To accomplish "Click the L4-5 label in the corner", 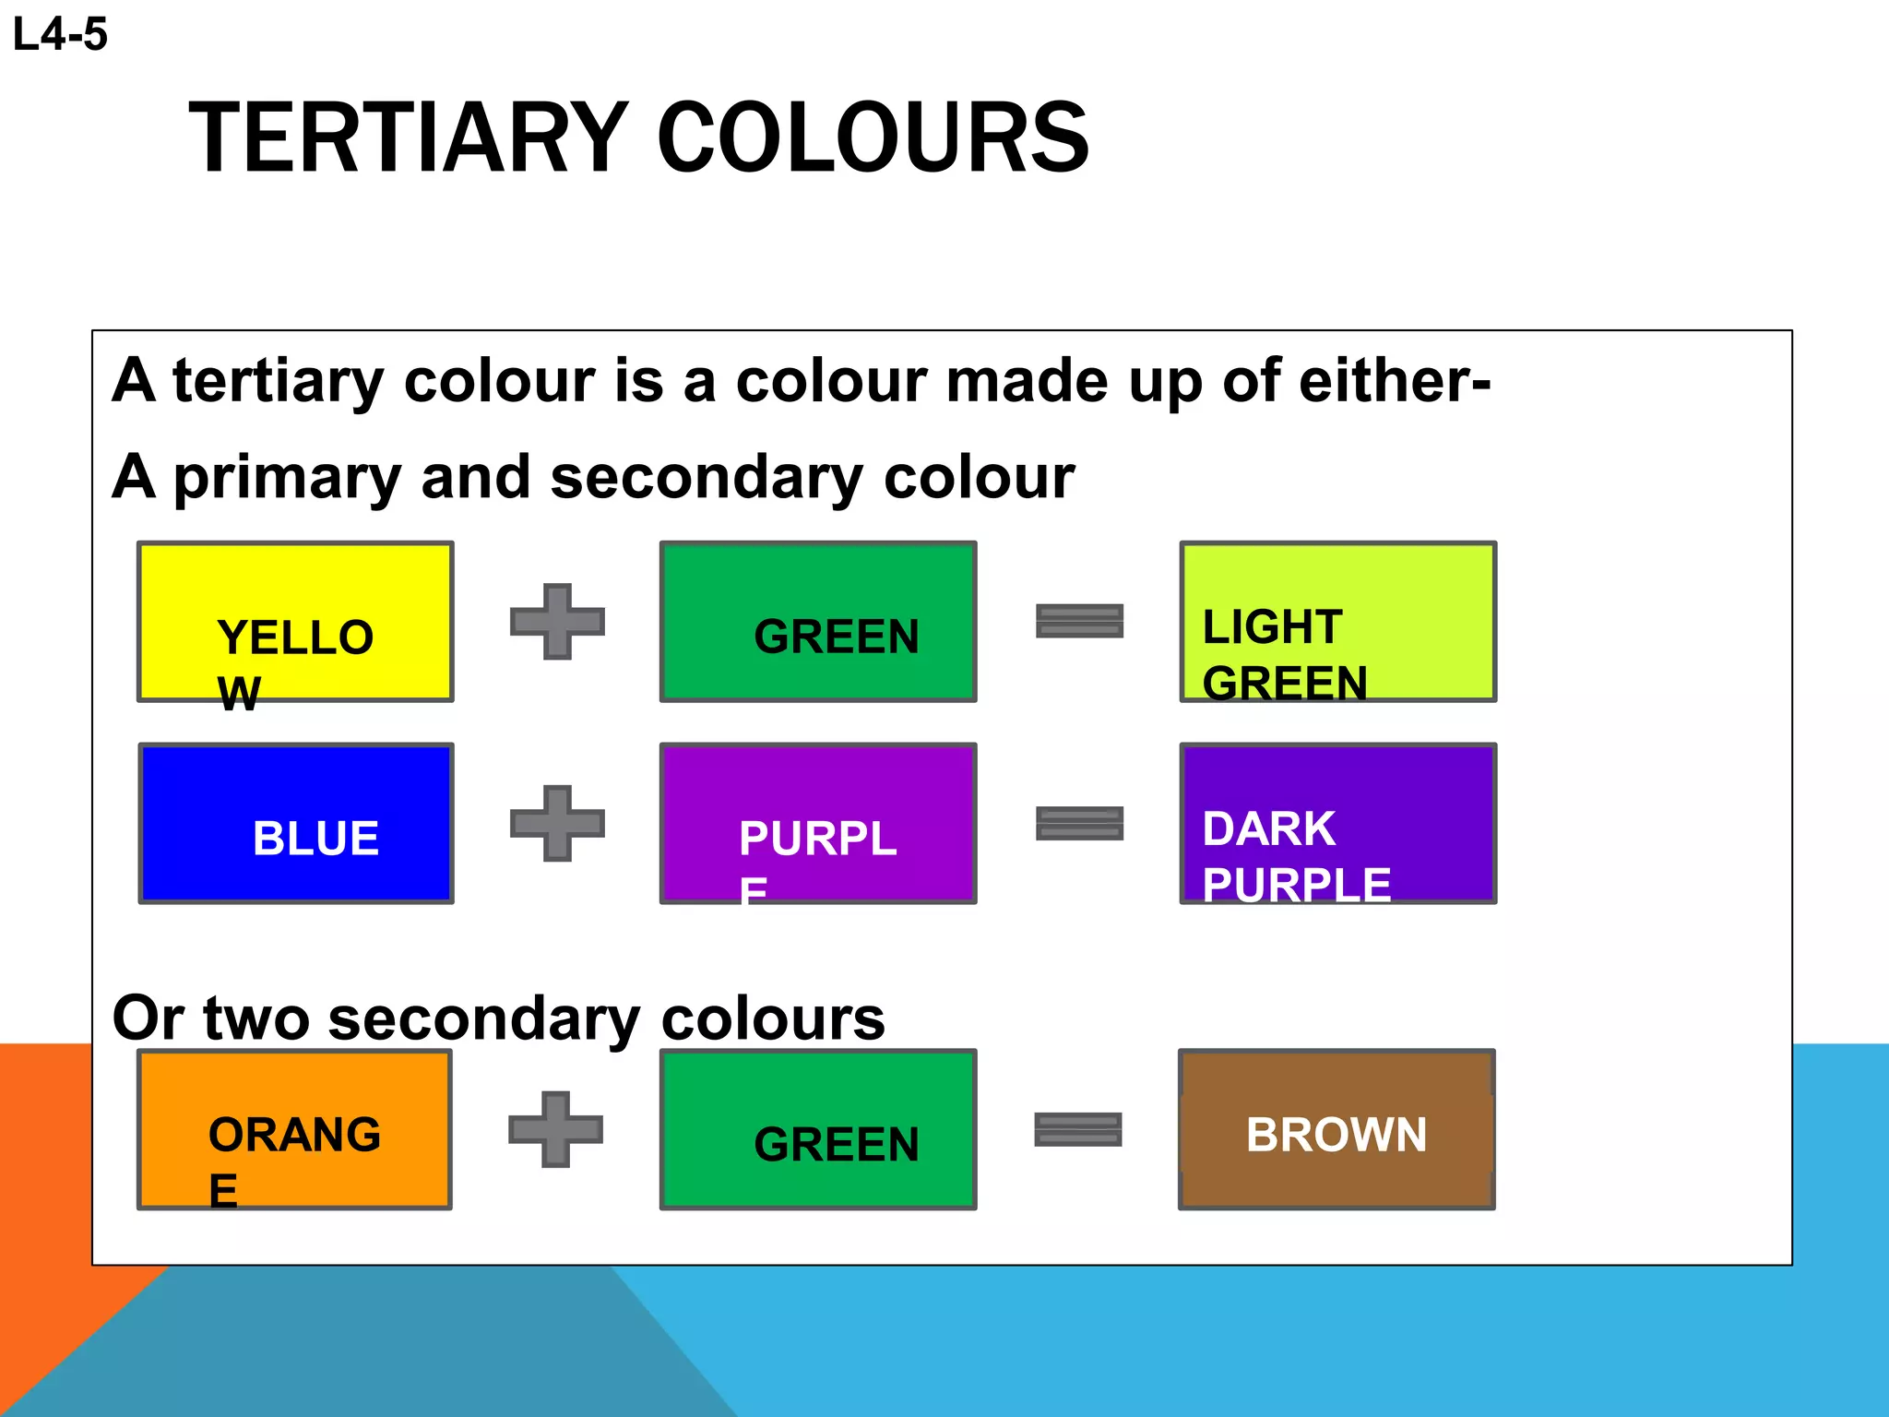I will pos(60,35).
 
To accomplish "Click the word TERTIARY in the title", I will pos(409,138).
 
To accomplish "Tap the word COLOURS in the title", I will pos(873,138).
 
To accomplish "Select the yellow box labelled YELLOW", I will pos(295,621).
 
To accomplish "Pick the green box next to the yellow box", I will pos(818,621).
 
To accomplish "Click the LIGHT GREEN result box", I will pos(1337,621).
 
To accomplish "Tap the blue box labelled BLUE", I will pos(295,823).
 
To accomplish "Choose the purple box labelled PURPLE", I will pos(818,823).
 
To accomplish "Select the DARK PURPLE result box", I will pos(1337,823).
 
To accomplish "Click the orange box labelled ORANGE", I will pos(294,1129).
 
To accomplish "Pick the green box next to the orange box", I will pos(818,1129).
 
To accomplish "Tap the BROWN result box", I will pos(1337,1129).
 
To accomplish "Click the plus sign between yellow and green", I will pos(557,621).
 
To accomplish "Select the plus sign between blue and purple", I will pos(557,823).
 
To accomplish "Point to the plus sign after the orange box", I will pos(555,1129).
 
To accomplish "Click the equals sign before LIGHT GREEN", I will pos(1079,621).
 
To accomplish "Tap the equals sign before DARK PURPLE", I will pos(1079,823).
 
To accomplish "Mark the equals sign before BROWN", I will pos(1077,1129).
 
